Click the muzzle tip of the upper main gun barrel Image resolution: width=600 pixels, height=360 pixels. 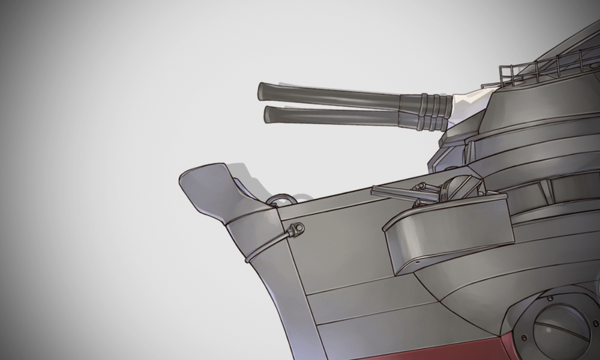(262, 91)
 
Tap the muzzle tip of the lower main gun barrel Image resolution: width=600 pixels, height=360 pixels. (268, 113)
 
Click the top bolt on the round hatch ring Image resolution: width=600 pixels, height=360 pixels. (550, 298)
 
